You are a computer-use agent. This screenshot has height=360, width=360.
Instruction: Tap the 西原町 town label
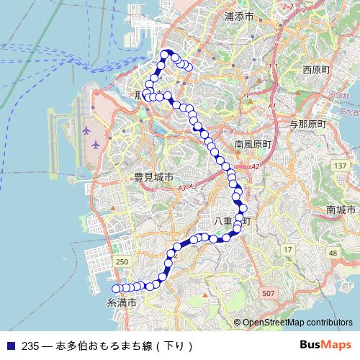(316, 70)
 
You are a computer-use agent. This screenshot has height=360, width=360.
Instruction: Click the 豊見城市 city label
(153, 177)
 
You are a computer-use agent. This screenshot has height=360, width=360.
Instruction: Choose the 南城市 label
(341, 210)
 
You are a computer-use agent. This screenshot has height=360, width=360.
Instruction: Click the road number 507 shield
(269, 293)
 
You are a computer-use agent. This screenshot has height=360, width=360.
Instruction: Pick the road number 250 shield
(122, 261)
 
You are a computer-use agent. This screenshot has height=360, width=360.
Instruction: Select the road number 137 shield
(340, 167)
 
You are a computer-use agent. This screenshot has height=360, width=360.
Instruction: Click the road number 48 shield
(332, 253)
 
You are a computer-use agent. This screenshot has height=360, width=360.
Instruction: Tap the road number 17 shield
(288, 249)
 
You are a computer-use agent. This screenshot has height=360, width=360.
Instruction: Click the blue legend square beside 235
(9, 345)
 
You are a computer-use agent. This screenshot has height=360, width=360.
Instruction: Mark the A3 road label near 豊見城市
(182, 187)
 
